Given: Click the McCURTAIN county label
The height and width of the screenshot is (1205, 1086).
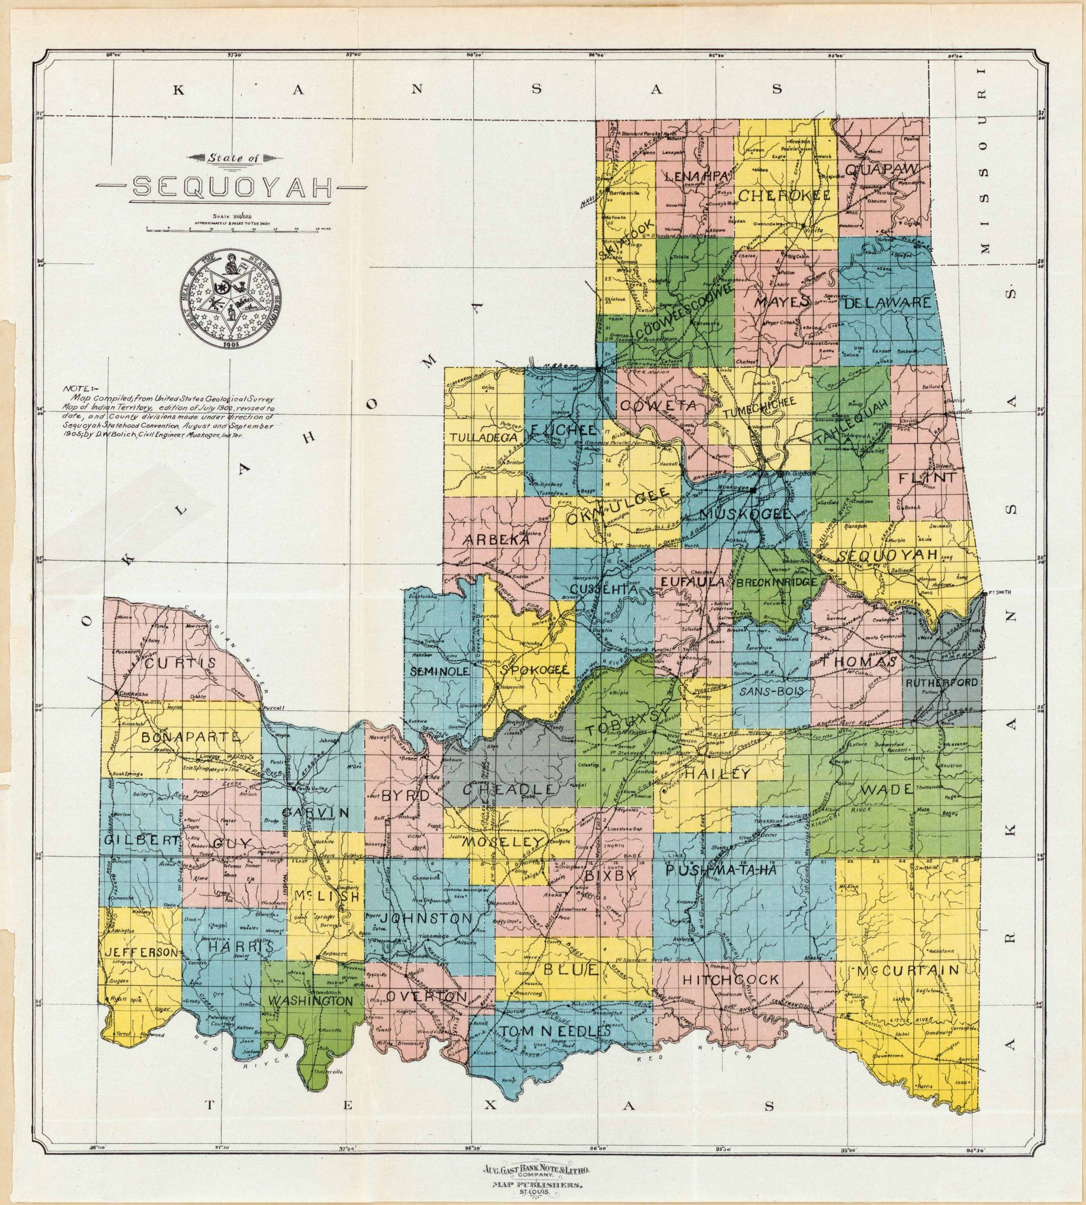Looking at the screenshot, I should (908, 970).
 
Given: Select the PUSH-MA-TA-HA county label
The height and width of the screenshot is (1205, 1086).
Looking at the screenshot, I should (720, 871).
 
